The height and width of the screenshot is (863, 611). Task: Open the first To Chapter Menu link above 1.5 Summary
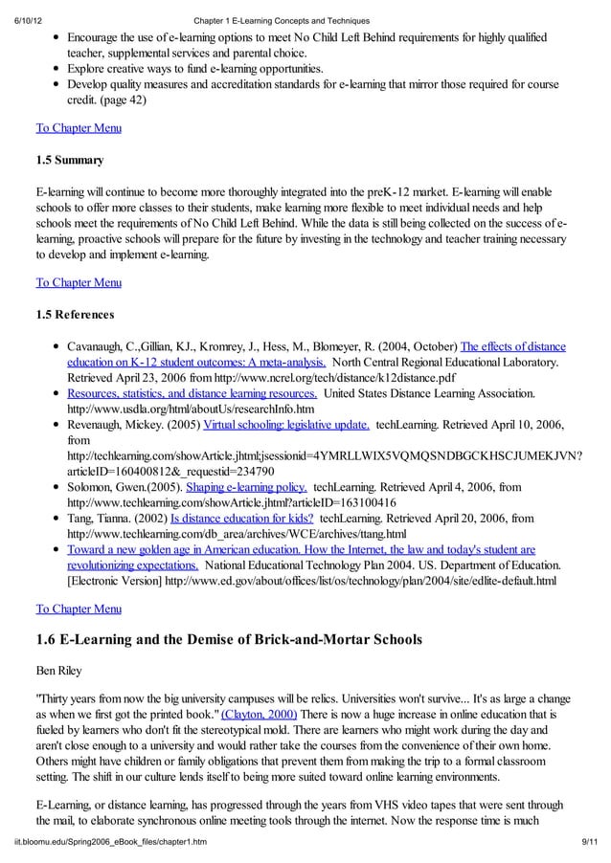pos(78,127)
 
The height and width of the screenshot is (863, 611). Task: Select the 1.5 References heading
pos(75,314)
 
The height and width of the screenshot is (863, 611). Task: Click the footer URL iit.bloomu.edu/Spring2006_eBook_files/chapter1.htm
pos(115,840)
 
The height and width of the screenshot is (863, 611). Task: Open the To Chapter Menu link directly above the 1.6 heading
pos(78,609)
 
